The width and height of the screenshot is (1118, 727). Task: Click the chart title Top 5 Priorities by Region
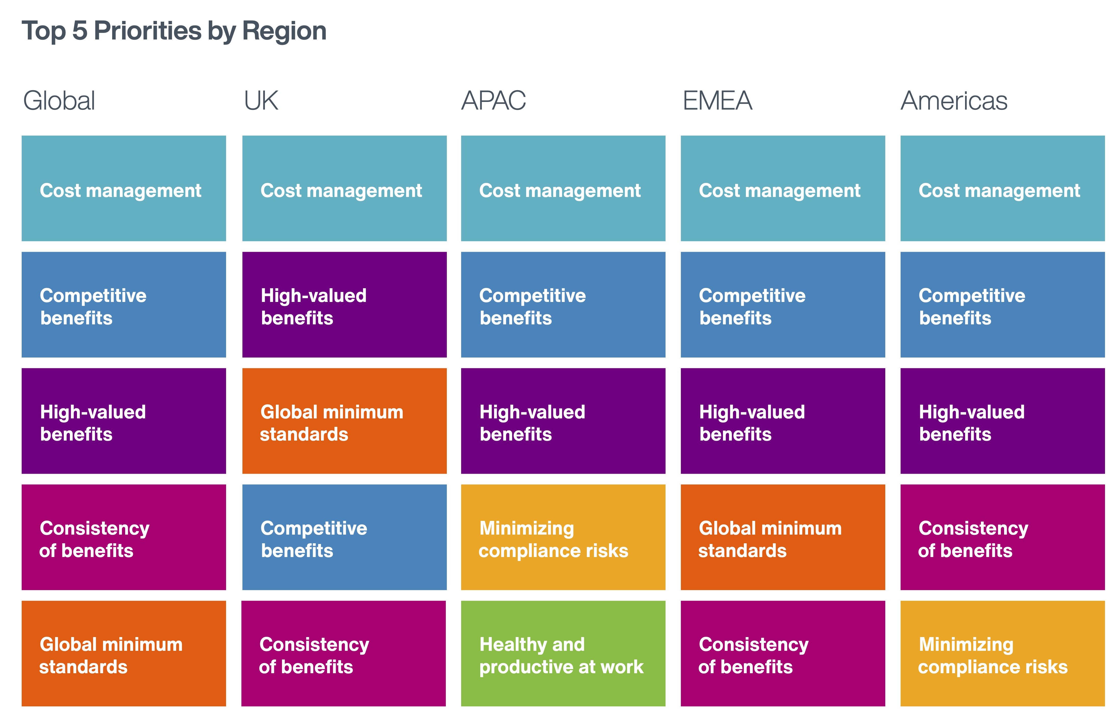point(174,31)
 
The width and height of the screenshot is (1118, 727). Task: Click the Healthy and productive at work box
point(563,653)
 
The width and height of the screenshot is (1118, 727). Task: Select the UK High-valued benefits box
point(344,305)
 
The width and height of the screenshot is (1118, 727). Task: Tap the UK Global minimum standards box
point(344,421)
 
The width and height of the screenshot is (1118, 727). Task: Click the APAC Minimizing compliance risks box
point(563,537)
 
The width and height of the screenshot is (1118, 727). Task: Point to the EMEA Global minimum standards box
point(783,537)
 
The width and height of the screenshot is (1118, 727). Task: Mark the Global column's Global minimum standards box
point(124,653)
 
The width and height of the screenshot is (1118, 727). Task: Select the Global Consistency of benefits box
point(124,537)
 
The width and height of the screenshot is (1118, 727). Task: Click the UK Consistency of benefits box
point(343,653)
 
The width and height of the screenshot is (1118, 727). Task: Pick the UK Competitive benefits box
point(344,537)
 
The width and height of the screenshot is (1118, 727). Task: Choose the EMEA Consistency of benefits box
point(783,653)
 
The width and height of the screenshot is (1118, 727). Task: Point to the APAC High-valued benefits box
point(563,421)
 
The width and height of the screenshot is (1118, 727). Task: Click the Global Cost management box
point(124,188)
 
